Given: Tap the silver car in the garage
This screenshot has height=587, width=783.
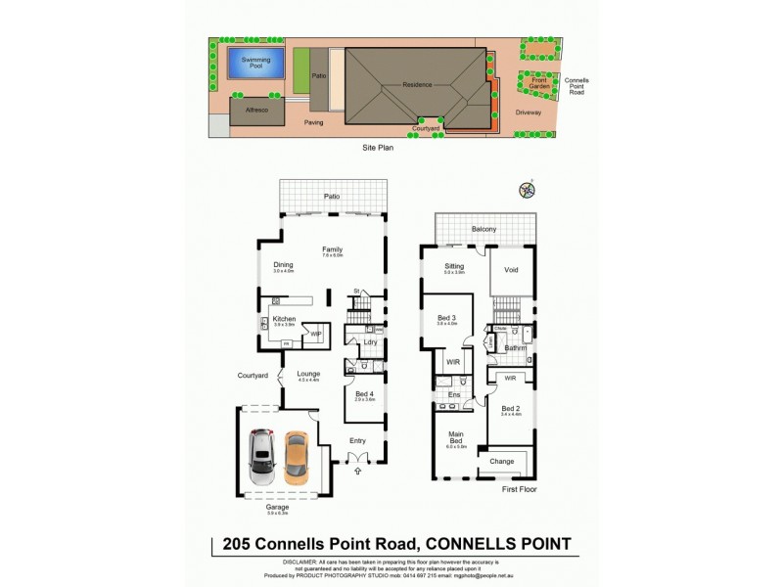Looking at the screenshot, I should (261, 457).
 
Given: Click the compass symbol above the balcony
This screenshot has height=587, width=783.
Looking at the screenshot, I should (527, 191).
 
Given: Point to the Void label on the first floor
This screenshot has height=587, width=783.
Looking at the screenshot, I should (510, 269).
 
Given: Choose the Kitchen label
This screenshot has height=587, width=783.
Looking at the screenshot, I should (285, 319).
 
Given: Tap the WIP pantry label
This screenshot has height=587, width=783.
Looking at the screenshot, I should (316, 334).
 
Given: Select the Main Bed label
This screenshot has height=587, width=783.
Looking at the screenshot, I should (456, 437).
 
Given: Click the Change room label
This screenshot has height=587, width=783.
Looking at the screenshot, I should (502, 461).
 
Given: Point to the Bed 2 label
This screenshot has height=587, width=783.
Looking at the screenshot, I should (511, 408).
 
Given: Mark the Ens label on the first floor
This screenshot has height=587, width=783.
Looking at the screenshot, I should (455, 394).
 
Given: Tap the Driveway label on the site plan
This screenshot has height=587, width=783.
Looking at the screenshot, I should (529, 113).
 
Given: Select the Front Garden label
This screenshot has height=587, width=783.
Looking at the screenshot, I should (538, 82).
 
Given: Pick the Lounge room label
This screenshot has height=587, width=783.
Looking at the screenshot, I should (309, 373).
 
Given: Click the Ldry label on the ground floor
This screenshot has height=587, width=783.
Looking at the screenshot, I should (370, 341).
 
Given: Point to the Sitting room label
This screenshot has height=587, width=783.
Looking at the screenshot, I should (453, 266).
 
